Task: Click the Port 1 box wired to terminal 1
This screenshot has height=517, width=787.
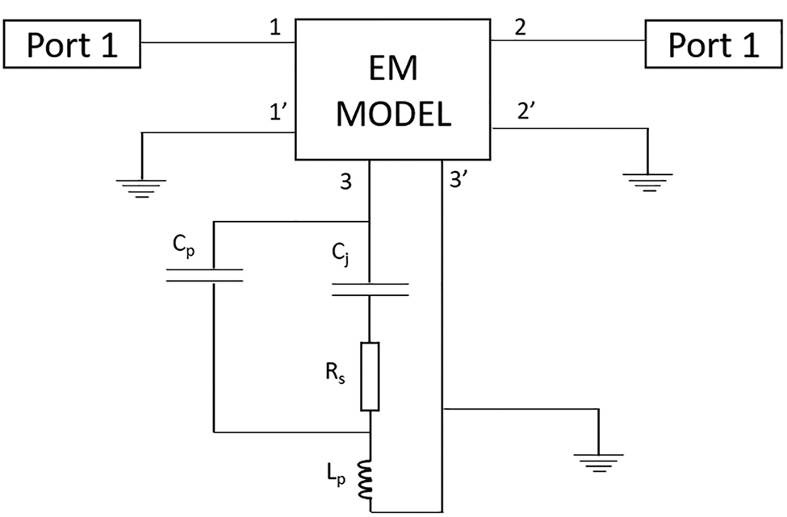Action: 72,44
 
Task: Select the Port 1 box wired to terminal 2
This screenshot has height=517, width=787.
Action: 714,44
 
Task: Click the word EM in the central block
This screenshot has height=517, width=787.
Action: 393,71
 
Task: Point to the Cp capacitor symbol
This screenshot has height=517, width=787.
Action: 204,275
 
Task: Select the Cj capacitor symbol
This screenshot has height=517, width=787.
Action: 370,289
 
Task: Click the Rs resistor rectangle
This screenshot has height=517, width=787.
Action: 370,376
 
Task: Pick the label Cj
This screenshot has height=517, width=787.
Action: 340,257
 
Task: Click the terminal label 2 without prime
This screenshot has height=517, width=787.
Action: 519,28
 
